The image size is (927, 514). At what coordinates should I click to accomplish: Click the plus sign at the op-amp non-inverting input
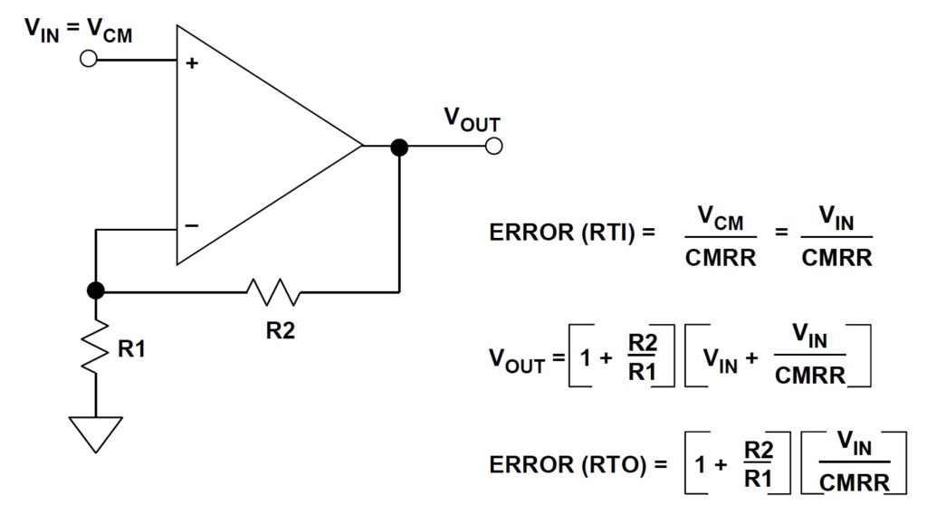(192, 62)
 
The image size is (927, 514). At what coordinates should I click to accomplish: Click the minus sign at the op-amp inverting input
(192, 225)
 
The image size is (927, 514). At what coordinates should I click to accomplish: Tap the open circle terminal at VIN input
(88, 59)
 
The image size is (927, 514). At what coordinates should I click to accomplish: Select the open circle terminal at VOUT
(493, 146)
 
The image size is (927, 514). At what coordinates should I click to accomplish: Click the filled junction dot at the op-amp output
(399, 147)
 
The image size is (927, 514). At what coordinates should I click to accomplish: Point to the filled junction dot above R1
(96, 290)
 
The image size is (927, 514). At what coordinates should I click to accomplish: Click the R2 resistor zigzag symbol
(273, 291)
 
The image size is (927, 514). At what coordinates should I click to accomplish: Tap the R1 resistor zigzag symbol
(95, 347)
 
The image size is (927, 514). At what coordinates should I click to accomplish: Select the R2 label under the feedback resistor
(281, 331)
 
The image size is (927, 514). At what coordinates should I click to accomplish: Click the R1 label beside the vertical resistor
(131, 348)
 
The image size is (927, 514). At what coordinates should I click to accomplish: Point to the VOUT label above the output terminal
(473, 120)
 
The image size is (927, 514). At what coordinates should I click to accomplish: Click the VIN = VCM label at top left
(78, 30)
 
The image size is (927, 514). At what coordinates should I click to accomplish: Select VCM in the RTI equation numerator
(720, 218)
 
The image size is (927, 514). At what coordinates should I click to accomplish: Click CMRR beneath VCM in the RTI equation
(721, 258)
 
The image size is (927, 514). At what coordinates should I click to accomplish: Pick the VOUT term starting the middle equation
(517, 360)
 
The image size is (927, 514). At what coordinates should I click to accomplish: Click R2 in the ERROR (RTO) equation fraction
(759, 450)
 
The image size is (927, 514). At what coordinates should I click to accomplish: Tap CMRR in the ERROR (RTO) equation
(855, 482)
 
